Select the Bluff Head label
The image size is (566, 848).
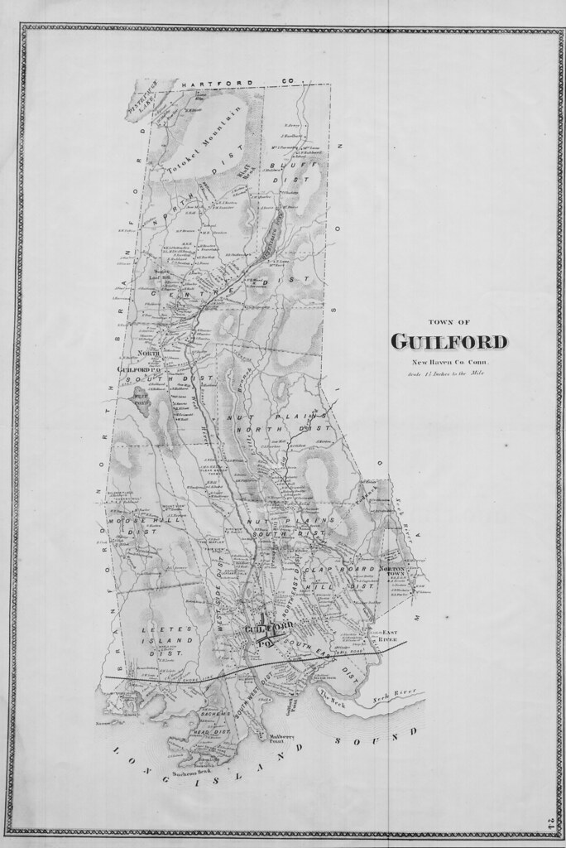tap(243, 172)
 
